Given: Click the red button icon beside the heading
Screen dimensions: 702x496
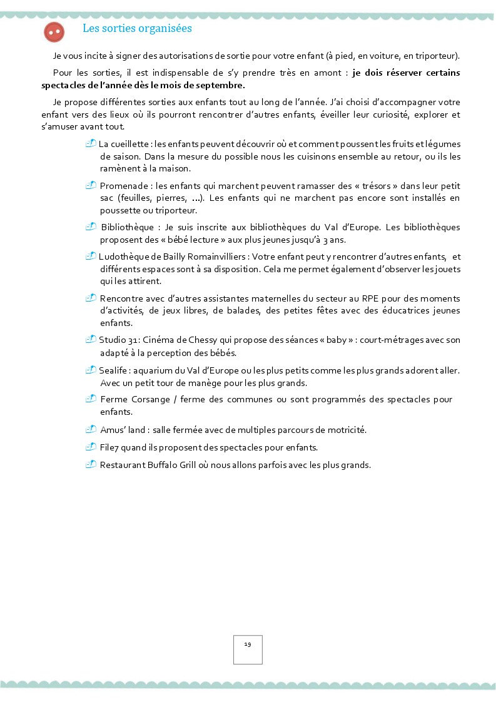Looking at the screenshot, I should (x=54, y=32).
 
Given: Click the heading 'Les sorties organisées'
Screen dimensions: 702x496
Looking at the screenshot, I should (x=137, y=29).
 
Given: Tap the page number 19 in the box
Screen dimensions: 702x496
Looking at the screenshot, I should (x=248, y=644).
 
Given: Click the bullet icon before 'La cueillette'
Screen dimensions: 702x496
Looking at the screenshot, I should (x=91, y=144).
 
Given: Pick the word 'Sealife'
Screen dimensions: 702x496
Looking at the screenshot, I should (x=113, y=370).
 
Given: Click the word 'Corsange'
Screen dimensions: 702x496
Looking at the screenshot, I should (x=152, y=399).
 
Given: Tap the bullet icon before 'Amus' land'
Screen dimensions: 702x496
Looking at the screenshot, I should (x=91, y=429).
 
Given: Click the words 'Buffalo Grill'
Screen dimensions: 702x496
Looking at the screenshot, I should (x=171, y=465).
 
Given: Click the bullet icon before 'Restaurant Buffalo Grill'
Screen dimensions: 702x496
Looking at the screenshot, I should (x=91, y=464).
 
